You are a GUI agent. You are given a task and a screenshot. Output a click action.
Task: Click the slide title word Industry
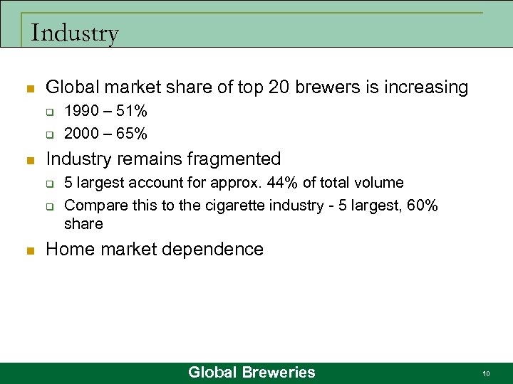click(75, 33)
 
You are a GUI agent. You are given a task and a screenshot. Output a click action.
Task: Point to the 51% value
click(133, 111)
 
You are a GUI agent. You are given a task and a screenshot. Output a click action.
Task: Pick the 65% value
click(133, 133)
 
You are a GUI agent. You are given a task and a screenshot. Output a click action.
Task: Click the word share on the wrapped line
click(83, 224)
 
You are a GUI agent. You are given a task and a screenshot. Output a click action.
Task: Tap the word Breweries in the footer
click(278, 372)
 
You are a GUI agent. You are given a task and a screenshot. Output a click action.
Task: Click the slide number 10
click(486, 373)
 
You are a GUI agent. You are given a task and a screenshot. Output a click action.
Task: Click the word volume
click(381, 183)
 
